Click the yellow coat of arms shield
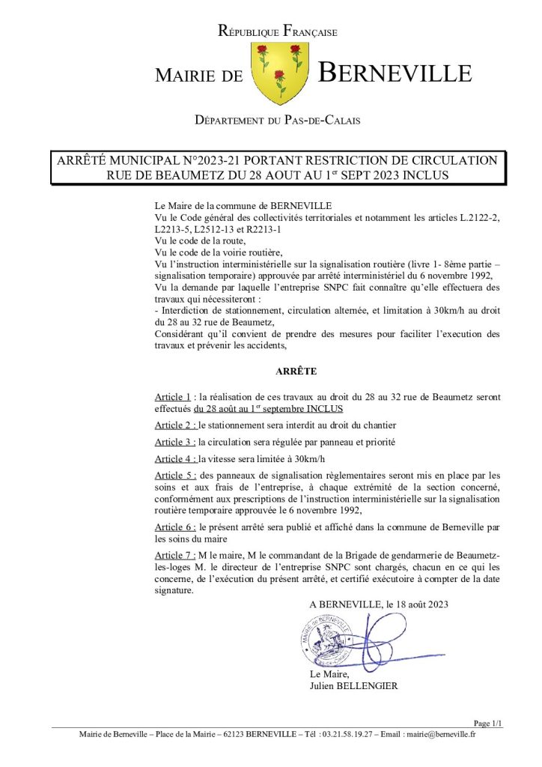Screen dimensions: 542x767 (x=278, y=73)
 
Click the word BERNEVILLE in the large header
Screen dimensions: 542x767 (x=395, y=73)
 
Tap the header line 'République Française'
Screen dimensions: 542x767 (x=277, y=31)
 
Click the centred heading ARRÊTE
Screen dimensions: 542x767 (x=296, y=371)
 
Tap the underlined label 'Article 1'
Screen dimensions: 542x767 (x=173, y=396)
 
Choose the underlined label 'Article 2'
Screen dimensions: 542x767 (x=174, y=425)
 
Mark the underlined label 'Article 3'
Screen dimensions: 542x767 (x=174, y=442)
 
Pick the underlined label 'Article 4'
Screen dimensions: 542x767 (x=174, y=459)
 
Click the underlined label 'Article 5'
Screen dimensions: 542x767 (x=174, y=476)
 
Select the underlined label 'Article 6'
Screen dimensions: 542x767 (x=174, y=527)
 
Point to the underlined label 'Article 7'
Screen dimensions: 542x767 (x=174, y=555)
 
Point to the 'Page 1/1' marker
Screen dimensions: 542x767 (x=488, y=723)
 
